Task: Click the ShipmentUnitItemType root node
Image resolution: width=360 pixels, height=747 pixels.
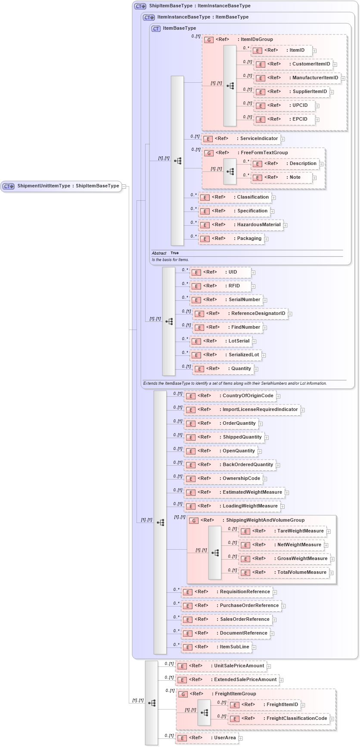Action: pos(61,186)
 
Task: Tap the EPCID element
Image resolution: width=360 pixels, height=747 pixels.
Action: pos(286,119)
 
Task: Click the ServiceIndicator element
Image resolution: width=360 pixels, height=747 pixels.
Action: pos(241,139)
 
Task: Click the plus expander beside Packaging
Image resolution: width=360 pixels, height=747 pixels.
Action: pos(267,239)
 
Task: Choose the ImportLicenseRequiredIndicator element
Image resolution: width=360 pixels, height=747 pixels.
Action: pos(242,410)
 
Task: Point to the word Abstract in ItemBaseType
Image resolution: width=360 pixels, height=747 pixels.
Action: pos(159,253)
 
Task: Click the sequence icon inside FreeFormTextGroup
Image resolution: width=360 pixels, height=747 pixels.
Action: pos(230,171)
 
